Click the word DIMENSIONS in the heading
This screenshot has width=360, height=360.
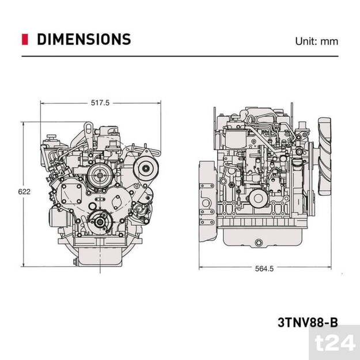pyautogui.click(x=84, y=39)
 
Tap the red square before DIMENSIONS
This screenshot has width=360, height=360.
pyautogui.click(x=25, y=39)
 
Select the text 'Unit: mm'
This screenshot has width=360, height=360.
pyautogui.click(x=316, y=41)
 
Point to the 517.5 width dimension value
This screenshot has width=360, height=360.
pyautogui.click(x=100, y=103)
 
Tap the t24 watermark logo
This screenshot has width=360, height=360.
pyautogui.click(x=338, y=344)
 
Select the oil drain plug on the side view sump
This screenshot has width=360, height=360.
pyautogui.click(x=258, y=242)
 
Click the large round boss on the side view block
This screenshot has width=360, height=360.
pyautogui.click(x=257, y=199)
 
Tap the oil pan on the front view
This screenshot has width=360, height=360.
pyautogui.click(x=99, y=254)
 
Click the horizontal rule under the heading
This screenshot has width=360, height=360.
pyautogui.click(x=180, y=56)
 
